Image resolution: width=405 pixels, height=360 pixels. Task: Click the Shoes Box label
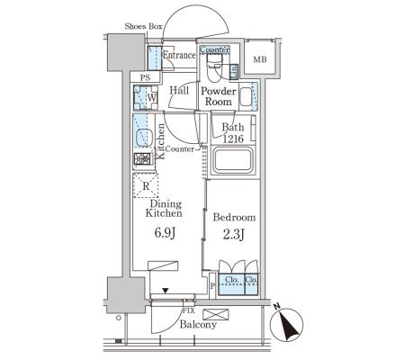click(143, 26)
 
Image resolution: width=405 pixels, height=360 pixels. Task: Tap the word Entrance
click(179, 55)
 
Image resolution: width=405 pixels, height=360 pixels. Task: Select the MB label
click(260, 59)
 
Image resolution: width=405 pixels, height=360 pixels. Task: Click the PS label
click(145, 77)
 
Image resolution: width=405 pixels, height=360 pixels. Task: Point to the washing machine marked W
click(146, 97)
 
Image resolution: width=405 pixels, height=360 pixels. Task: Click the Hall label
click(179, 90)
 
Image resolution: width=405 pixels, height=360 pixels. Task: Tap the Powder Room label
click(219, 96)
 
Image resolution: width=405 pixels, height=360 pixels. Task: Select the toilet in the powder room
click(214, 68)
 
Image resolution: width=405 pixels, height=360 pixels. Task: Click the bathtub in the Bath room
click(233, 160)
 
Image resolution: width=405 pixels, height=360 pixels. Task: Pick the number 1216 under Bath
click(233, 139)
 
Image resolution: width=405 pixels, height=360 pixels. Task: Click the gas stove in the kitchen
click(142, 159)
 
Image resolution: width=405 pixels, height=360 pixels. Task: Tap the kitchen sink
click(145, 138)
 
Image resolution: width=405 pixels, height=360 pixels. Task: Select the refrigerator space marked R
click(146, 185)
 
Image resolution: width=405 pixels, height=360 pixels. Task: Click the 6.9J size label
click(165, 233)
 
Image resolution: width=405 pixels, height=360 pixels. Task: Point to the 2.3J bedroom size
click(234, 235)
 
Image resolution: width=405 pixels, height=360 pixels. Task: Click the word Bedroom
click(234, 217)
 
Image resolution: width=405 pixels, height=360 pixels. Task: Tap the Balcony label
click(198, 325)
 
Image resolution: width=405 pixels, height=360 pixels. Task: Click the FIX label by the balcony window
click(189, 311)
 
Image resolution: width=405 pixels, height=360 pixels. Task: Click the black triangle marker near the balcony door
click(166, 291)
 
